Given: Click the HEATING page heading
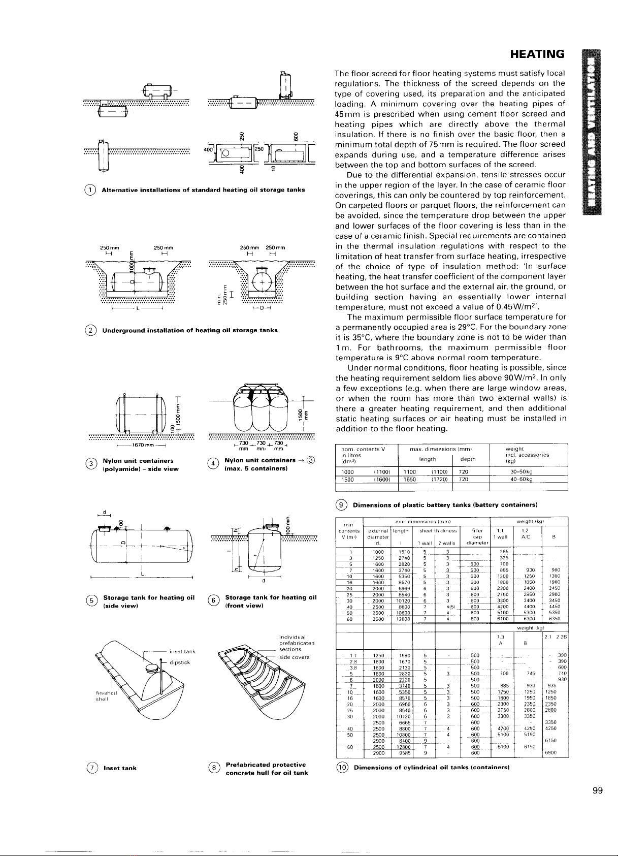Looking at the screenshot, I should coord(537,54).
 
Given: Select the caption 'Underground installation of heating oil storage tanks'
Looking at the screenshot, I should coord(190,330).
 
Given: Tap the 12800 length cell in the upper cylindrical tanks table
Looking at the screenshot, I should coord(403,619).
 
